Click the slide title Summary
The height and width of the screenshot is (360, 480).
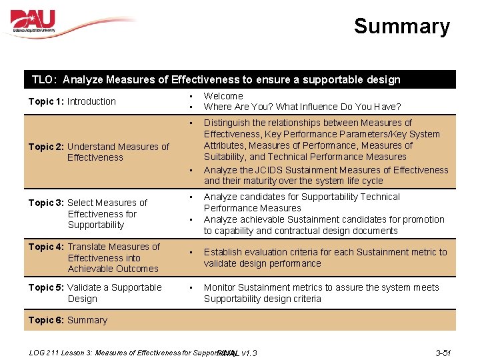coord(401,27)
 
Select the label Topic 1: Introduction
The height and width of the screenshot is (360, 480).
coord(72,101)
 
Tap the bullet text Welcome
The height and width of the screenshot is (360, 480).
coord(223,96)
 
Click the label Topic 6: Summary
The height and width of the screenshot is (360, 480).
coord(67,320)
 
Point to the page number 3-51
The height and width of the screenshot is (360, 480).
coord(443,352)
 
